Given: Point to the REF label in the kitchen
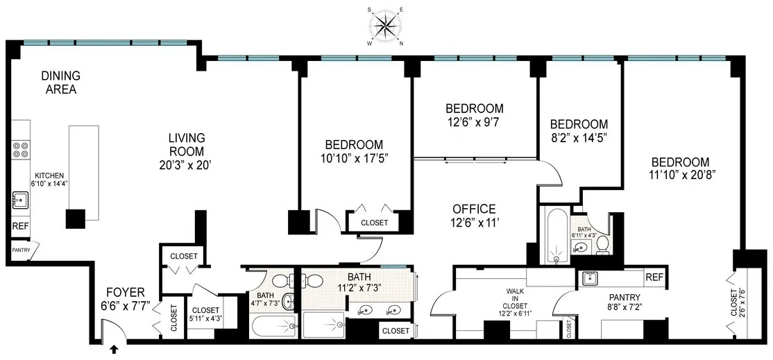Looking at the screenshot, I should point(21,226).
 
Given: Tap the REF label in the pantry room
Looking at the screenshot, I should point(654,277).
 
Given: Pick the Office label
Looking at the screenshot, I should point(474,209).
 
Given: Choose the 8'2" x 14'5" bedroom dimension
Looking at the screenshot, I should point(579,137).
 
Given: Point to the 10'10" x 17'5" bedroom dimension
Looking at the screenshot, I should point(354,158).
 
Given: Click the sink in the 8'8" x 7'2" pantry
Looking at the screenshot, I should point(591,279).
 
